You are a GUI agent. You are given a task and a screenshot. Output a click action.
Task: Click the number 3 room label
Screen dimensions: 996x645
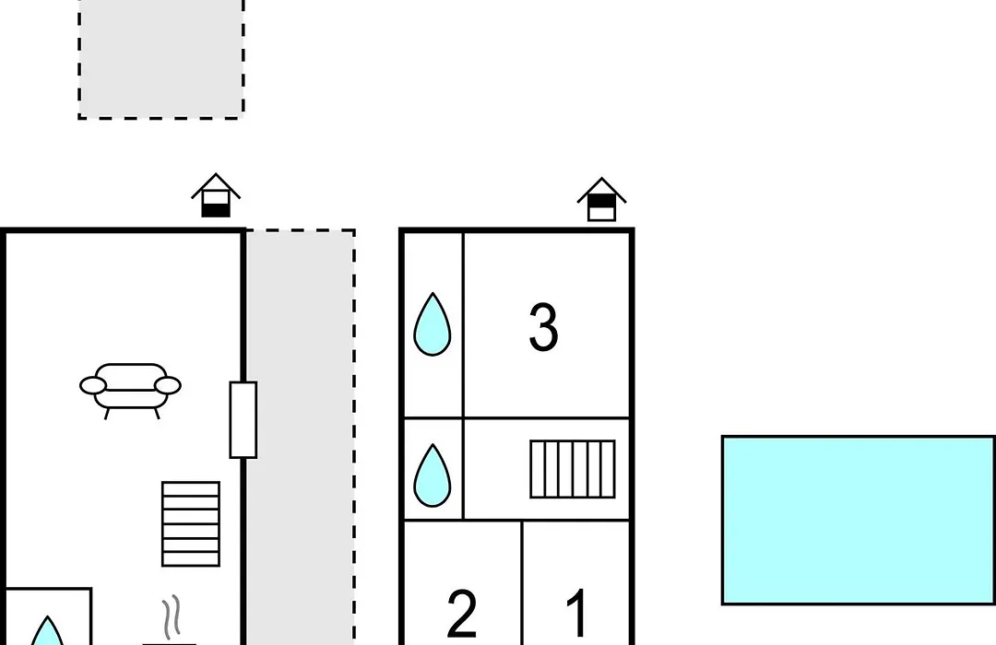tap(543, 327)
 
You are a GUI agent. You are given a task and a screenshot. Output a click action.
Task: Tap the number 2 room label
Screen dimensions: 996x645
tap(462, 613)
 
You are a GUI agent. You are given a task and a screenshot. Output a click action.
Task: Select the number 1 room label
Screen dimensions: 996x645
tap(576, 613)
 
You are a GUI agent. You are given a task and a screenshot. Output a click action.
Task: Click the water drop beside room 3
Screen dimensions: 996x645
tap(433, 324)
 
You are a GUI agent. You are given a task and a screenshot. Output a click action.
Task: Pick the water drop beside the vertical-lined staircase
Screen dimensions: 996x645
tap(433, 475)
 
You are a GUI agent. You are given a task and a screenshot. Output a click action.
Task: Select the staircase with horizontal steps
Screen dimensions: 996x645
tap(191, 523)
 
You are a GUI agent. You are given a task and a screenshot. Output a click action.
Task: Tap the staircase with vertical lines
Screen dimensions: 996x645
tap(573, 469)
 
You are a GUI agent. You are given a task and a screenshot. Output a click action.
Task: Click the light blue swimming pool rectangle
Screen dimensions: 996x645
tap(859, 520)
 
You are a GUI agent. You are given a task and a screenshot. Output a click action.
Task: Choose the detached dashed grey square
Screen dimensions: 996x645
tap(161, 59)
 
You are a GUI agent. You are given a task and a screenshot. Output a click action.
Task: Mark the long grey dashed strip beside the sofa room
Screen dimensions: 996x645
tap(301, 438)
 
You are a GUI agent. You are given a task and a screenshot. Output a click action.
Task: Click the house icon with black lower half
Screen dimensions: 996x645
tap(216, 195)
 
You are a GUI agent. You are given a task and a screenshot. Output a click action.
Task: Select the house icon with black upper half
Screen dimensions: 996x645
tap(601, 199)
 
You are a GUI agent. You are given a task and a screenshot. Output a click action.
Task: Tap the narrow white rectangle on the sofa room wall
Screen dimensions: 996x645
tap(243, 419)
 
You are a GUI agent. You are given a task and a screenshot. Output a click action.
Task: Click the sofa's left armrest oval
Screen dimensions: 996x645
tap(93, 385)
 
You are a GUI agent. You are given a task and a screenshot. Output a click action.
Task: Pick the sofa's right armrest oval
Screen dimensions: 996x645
tap(169, 385)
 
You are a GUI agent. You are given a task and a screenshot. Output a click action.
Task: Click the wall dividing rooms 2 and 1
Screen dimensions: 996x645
tap(522, 583)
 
